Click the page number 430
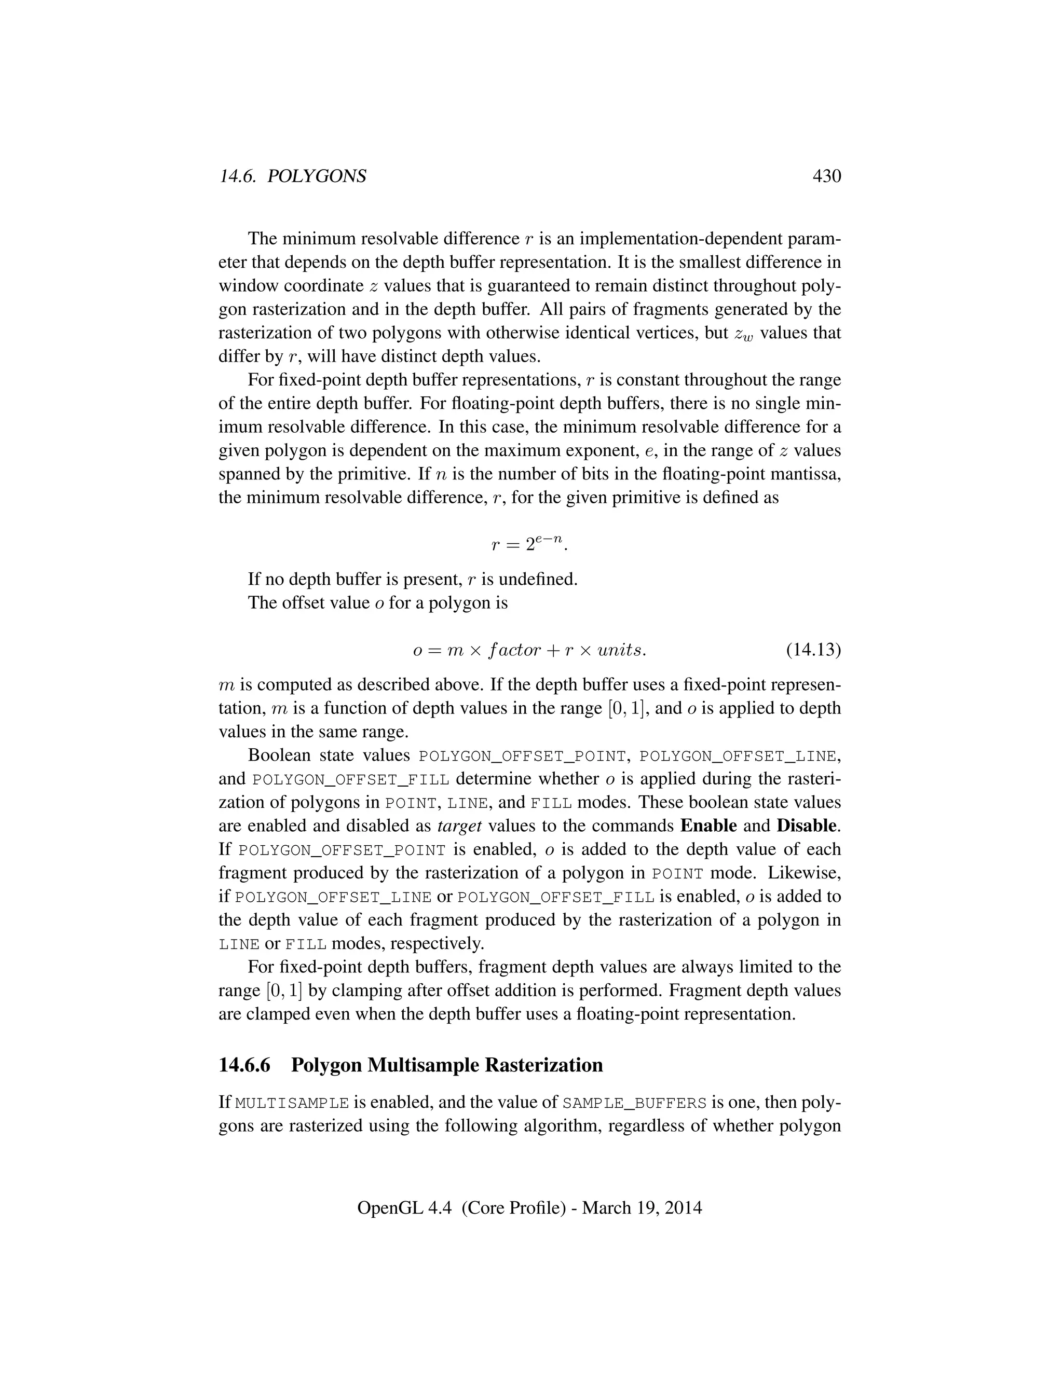[826, 176]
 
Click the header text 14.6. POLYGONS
[292, 176]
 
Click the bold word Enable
[708, 826]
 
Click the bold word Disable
[808, 826]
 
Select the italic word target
[459, 826]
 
